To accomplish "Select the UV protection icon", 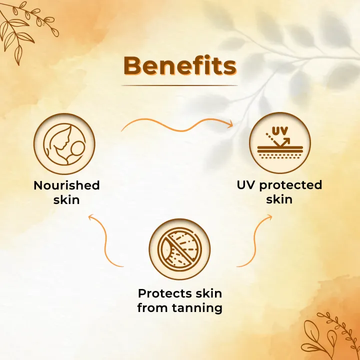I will (x=279, y=142).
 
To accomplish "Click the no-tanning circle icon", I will (x=179, y=248).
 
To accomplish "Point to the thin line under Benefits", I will (x=179, y=85).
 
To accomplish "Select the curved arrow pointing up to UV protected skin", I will (x=255, y=240).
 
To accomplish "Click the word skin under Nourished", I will (x=66, y=200).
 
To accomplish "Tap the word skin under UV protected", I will (x=279, y=200).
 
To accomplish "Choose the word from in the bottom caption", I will (x=152, y=308).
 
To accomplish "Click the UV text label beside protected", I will (x=245, y=185).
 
